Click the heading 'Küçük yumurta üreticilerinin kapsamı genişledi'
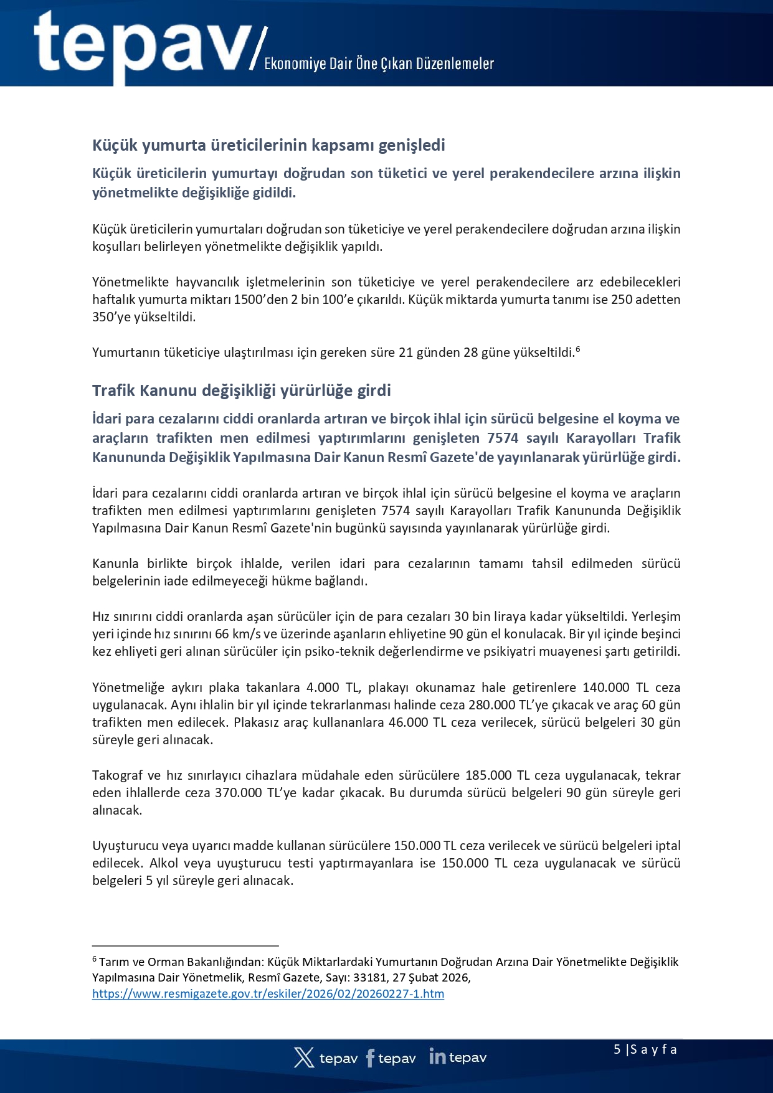coord(268,145)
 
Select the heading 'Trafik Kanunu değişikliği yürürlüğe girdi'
coord(242,390)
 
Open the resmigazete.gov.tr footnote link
coord(268,993)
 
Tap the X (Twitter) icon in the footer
coord(304,1058)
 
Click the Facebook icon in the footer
coord(370,1058)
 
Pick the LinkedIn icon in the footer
coord(437,1056)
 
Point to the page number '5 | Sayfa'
coord(645,1049)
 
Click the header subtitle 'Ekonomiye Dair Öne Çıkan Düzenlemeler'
coord(379,64)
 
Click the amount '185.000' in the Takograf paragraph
coord(488,775)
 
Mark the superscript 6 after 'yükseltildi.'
coord(577,349)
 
